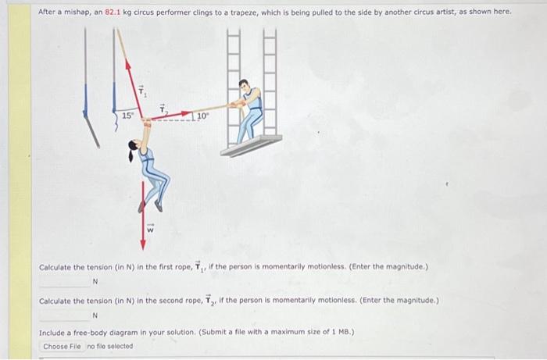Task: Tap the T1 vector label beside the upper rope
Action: tap(142, 92)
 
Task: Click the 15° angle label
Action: tap(127, 116)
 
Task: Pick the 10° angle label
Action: tap(202, 116)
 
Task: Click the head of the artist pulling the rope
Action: tap(245, 86)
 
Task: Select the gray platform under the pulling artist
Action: tap(250, 145)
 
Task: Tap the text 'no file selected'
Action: tap(110, 346)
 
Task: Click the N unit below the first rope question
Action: tap(95, 282)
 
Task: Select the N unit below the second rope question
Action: tap(95, 315)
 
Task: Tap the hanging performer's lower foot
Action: tap(159, 207)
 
